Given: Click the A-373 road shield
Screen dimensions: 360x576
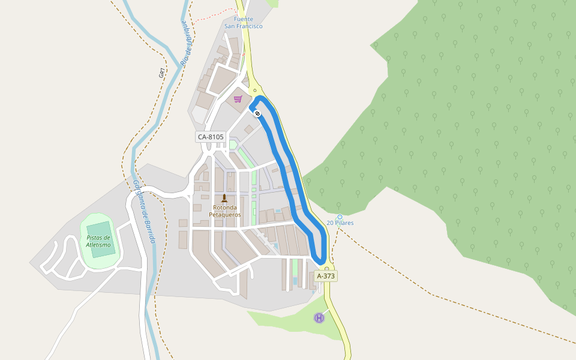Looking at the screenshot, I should click(x=326, y=276).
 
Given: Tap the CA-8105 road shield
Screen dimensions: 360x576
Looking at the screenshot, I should click(x=210, y=137).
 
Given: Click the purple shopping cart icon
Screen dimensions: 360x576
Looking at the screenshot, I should click(x=238, y=99).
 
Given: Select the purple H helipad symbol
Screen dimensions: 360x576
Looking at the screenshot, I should click(x=319, y=318).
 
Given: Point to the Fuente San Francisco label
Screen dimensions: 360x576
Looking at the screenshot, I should click(x=244, y=23).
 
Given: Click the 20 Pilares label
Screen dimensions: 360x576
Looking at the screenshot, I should click(x=340, y=223).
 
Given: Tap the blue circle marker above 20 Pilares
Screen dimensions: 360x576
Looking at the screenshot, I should click(x=340, y=217).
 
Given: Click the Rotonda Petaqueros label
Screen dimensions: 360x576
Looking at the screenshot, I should click(x=225, y=211).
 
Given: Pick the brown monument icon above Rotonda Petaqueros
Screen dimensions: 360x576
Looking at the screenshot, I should click(x=224, y=199).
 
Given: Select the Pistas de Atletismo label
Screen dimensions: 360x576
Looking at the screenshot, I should click(x=99, y=241).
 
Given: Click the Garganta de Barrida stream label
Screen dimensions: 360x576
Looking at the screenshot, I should click(x=145, y=212).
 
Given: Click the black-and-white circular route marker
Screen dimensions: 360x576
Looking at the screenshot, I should click(x=257, y=113).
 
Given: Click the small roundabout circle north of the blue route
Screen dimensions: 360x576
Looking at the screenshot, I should click(x=255, y=91).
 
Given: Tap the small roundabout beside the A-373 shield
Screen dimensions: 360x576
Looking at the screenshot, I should click(x=326, y=268).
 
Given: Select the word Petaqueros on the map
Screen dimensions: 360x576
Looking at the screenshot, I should click(x=225, y=215).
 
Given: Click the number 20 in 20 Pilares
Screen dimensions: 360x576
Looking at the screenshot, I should click(x=330, y=223).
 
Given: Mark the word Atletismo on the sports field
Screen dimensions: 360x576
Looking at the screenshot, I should click(x=99, y=245).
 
